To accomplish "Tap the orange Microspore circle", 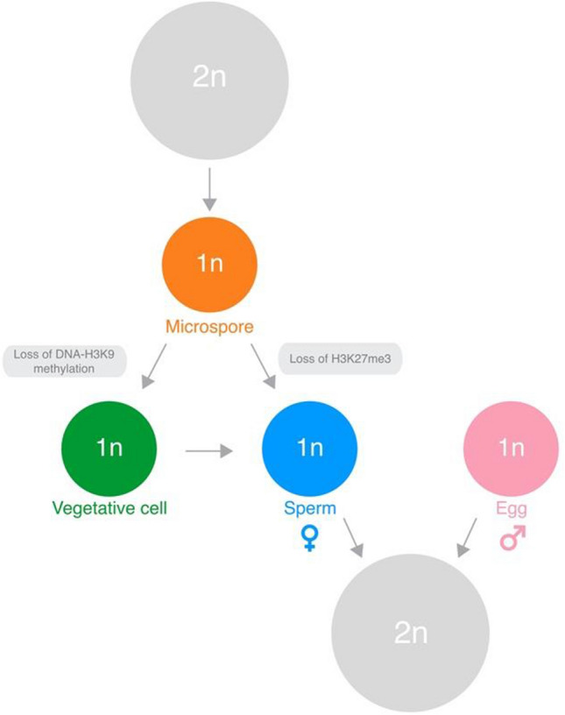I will coord(209,263).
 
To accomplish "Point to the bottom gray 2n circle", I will coord(410,627).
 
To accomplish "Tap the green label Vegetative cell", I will coord(109,508).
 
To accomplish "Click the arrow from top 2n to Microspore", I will coord(208,188).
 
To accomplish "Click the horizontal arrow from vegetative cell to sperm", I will coord(210,451).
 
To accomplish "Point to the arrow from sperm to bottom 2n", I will coord(354,536).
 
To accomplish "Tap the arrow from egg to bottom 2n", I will coord(466,536).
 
